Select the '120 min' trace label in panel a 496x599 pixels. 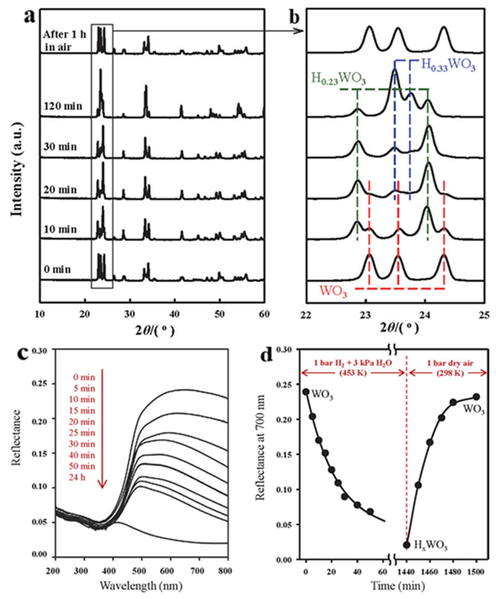pyautogui.click(x=63, y=106)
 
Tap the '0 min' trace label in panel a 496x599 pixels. pyautogui.click(x=57, y=269)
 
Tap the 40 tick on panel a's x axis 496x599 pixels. pyautogui.click(x=175, y=314)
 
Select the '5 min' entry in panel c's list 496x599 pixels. pyautogui.click(x=83, y=389)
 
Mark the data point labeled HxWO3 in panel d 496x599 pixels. pyautogui.click(x=407, y=529)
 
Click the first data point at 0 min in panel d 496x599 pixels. pyautogui.click(x=306, y=392)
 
